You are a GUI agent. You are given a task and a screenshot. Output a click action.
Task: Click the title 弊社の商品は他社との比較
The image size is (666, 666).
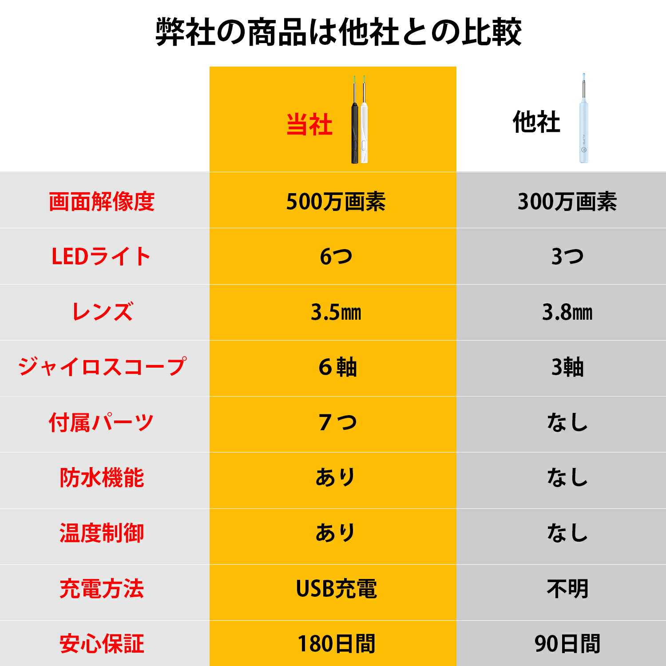point(338,32)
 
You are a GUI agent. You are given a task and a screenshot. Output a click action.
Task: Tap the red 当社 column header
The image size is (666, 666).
point(309,124)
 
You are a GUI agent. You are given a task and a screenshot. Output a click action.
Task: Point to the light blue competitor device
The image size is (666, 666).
point(583,120)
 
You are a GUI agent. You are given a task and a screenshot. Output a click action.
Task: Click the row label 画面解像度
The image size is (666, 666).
point(102,202)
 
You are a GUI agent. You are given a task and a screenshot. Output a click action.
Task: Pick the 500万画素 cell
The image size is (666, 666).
point(336,202)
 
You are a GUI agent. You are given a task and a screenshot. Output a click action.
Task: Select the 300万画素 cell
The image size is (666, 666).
point(567,202)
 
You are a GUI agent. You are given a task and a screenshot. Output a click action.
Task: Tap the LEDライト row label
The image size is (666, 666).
point(102,257)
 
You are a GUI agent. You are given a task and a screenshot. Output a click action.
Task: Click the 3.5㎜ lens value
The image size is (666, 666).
point(336,312)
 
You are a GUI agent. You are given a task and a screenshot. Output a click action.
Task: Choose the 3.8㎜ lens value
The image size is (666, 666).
point(567,312)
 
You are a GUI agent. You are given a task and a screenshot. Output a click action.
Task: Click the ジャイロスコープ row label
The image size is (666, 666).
point(102,367)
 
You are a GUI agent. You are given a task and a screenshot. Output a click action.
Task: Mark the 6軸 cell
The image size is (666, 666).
point(337,367)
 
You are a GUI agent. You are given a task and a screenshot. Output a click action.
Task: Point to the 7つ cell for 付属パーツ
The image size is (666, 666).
point(337,422)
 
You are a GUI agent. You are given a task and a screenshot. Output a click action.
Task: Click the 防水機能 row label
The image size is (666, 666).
point(102,478)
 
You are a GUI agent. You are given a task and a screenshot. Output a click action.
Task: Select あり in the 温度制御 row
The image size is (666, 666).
point(336,533)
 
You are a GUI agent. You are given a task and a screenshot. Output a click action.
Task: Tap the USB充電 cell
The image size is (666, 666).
point(336,588)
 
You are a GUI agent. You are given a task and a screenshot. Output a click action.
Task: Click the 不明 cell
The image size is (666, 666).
point(567,588)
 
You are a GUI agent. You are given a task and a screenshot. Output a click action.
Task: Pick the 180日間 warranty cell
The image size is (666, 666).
point(336,644)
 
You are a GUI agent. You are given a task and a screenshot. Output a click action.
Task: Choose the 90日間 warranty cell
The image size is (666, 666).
point(567,644)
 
